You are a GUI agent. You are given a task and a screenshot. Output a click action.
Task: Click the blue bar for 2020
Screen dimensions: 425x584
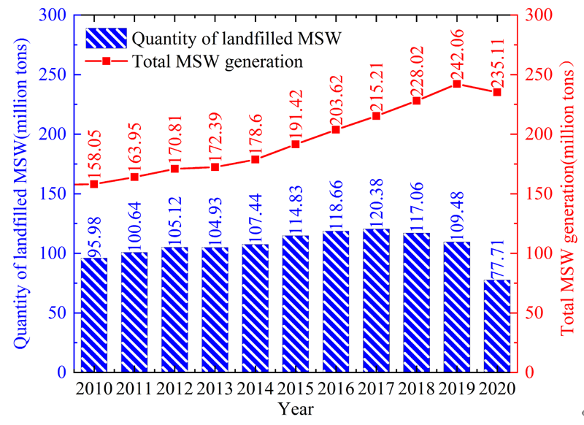(497, 326)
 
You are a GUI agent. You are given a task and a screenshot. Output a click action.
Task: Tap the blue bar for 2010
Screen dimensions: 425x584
(94, 315)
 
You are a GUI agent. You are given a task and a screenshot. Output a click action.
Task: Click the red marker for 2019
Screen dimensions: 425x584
(457, 84)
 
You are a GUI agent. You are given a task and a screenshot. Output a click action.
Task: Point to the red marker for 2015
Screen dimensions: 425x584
(296, 144)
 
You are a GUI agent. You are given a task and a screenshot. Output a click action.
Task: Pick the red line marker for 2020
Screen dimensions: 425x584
(497, 92)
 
